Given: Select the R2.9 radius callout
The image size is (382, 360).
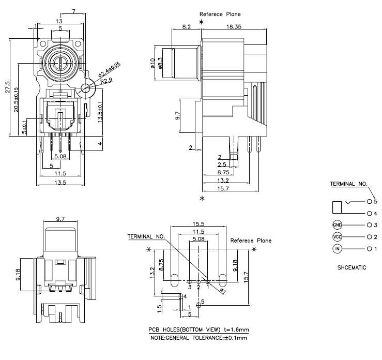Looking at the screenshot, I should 106,81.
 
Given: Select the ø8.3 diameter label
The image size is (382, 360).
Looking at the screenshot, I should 161,63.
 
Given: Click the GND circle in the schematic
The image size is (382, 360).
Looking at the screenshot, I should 338,225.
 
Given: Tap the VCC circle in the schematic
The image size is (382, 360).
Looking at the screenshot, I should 338,237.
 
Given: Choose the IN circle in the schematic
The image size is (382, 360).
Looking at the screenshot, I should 338,249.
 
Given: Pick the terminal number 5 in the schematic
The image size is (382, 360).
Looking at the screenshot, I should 375,201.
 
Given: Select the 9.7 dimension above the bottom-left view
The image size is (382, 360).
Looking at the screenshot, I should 60,219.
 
